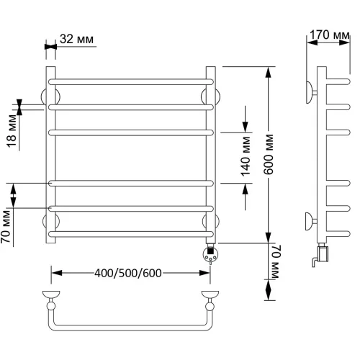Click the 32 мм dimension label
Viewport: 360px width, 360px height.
pyautogui.click(x=76, y=39)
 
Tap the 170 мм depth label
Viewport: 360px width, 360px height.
pyautogui.click(x=330, y=35)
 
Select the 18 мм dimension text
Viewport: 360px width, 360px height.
pyautogui.click(x=12, y=131)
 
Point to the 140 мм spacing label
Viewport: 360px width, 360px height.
pyautogui.click(x=246, y=156)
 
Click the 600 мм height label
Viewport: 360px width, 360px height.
pyautogui.click(x=268, y=154)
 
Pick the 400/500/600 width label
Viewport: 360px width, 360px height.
pyautogui.click(x=128, y=273)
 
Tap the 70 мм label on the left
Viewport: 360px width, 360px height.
pyautogui.click(x=6, y=227)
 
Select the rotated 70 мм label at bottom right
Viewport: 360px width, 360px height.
pyautogui.click(x=276, y=261)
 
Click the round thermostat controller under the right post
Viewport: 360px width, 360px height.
pyautogui.click(x=211, y=254)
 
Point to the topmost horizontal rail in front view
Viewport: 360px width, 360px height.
pyautogui.click(x=131, y=81)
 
